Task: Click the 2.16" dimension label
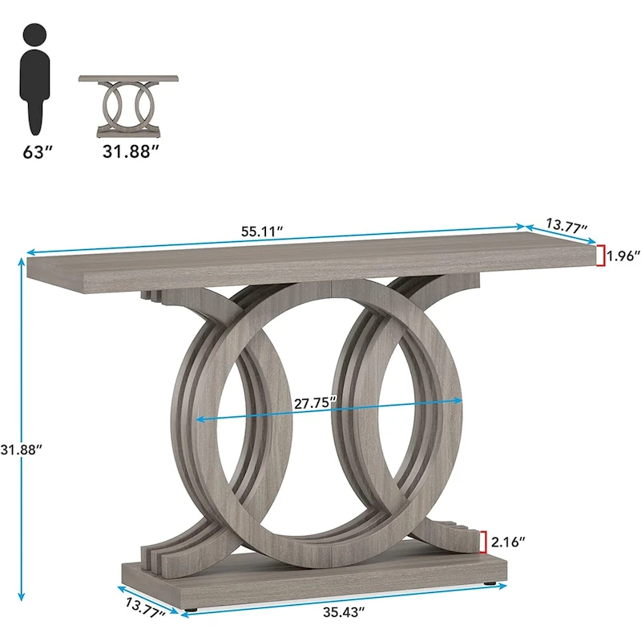pyautogui.click(x=510, y=542)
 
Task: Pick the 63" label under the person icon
pyautogui.click(x=37, y=151)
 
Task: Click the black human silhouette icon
pyautogui.click(x=35, y=80)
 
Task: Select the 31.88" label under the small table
pyautogui.click(x=126, y=151)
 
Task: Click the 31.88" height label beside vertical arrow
pyautogui.click(x=22, y=450)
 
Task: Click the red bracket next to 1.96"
pyautogui.click(x=599, y=256)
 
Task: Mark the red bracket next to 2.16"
pyautogui.click(x=484, y=542)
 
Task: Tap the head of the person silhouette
pyautogui.click(x=34, y=36)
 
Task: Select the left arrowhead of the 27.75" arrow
pyautogui.click(x=198, y=419)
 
